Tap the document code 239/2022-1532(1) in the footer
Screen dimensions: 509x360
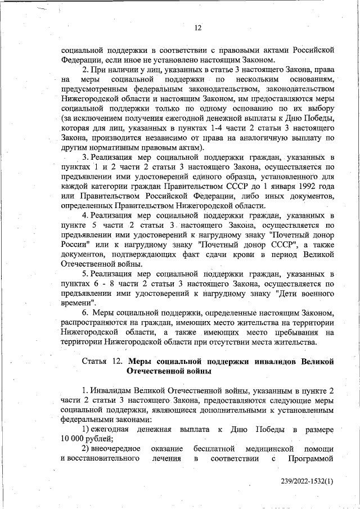pos(308,481)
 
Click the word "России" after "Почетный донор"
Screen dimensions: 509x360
pos(74,245)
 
